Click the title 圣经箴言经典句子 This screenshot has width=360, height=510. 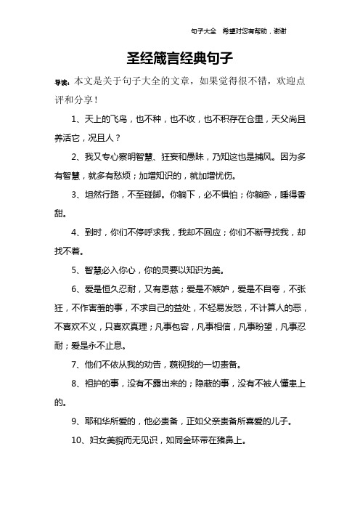point(179,57)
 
